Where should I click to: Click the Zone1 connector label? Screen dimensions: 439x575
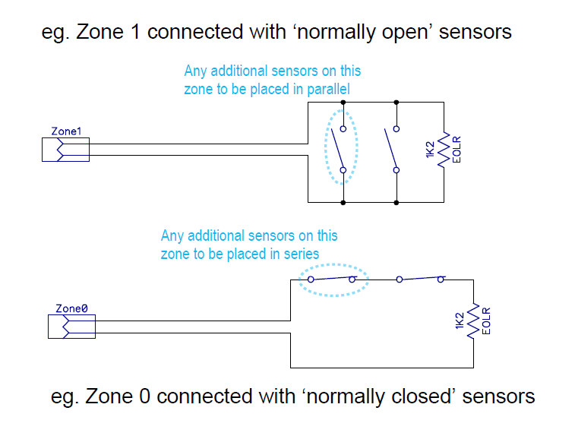point(65,131)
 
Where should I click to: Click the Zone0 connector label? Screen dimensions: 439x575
point(73,308)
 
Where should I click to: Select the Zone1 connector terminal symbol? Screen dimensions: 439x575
point(65,150)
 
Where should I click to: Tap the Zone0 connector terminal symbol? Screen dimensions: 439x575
point(71,327)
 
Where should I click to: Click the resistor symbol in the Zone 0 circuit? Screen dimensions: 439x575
point(473,321)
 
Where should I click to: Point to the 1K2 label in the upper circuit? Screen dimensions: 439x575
point(430,150)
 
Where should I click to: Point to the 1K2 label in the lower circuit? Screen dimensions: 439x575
point(459,321)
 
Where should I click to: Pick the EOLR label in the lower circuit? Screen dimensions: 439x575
point(486,321)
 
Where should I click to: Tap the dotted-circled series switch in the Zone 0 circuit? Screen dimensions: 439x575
point(332,279)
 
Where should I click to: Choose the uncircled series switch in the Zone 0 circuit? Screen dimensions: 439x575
point(419,279)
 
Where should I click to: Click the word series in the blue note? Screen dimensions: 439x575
point(300,254)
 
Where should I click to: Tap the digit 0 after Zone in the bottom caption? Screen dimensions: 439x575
point(144,396)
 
